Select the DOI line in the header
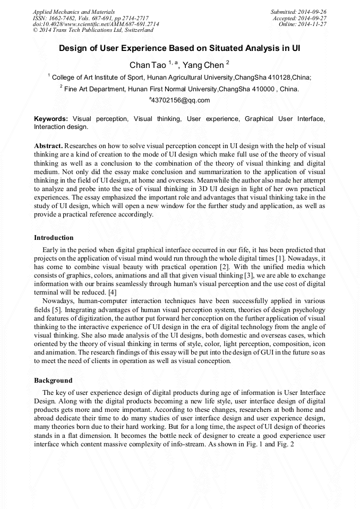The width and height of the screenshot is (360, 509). click(96, 24)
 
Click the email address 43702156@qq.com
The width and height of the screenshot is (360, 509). click(181, 100)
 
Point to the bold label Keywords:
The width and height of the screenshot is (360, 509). click(51, 118)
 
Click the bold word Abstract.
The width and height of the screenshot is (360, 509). click(48, 145)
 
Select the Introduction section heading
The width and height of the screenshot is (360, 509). click(54, 237)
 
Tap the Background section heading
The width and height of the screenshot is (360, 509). click(53, 381)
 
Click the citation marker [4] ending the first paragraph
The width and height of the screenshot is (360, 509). click(112, 292)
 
